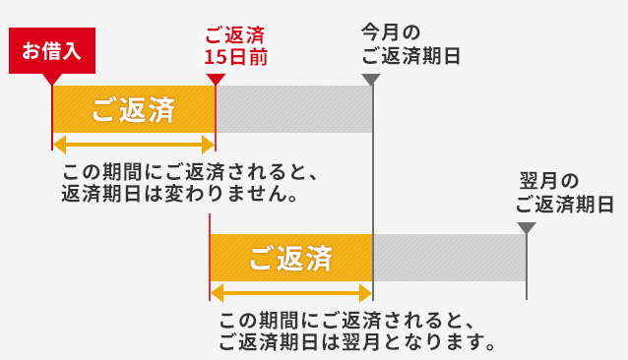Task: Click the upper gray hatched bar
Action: tap(293, 109)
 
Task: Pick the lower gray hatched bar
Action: tap(448, 259)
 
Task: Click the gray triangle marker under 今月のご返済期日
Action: tap(371, 79)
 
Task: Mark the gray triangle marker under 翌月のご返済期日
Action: tap(527, 228)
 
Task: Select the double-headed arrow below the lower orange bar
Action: tap(291, 292)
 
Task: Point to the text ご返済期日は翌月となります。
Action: tap(355, 342)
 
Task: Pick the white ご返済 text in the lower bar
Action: tap(290, 259)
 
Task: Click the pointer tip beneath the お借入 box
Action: tap(52, 80)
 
